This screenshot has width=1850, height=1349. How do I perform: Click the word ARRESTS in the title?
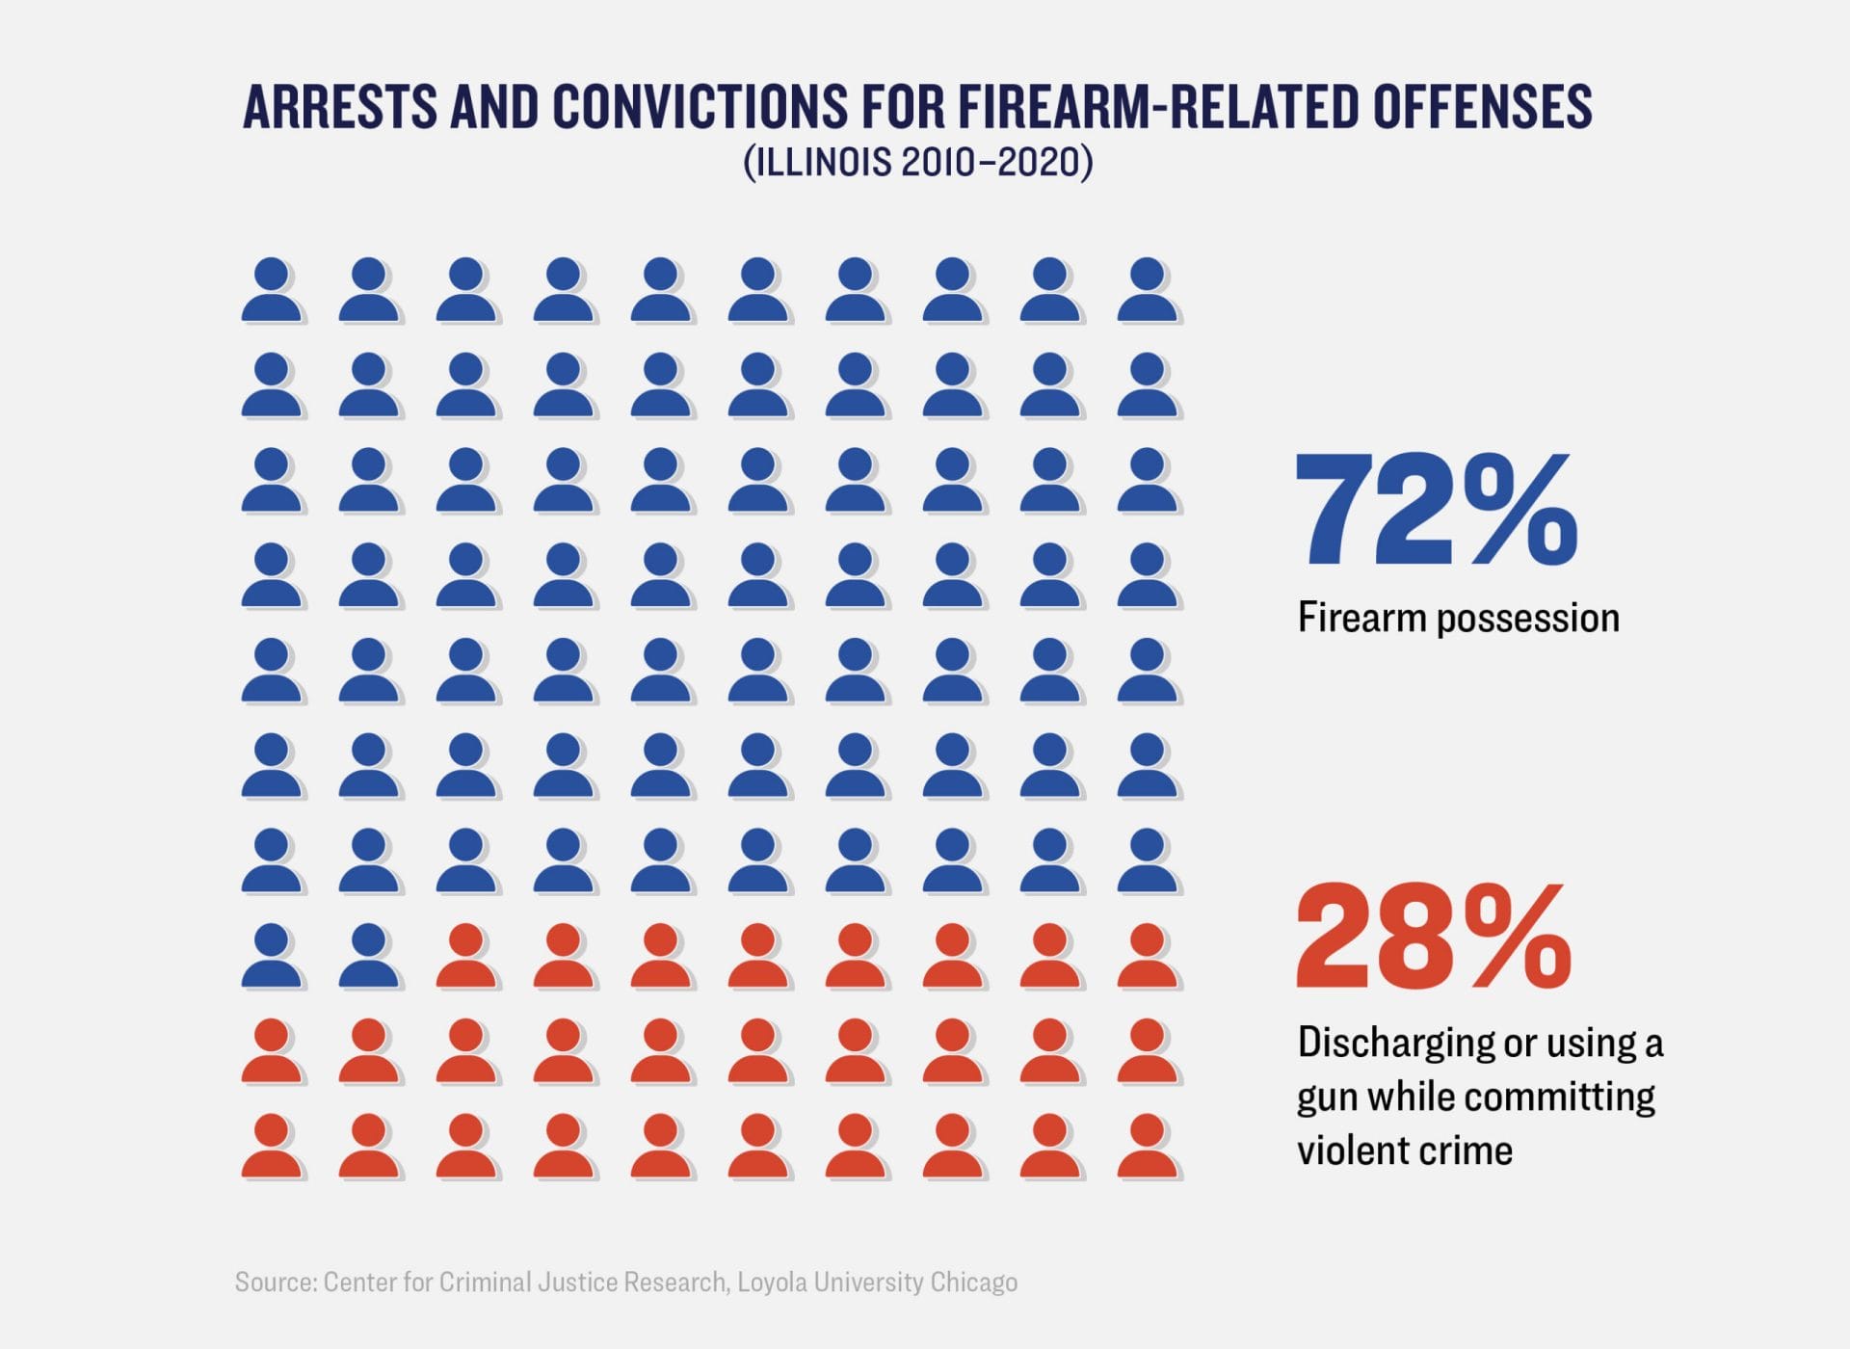(x=338, y=107)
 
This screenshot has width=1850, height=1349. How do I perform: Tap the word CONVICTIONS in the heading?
(x=700, y=107)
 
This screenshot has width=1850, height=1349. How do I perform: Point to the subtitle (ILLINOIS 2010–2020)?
(x=917, y=162)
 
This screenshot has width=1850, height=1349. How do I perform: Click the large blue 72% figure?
(x=1436, y=511)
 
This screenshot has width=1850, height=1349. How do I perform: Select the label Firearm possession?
(x=1458, y=618)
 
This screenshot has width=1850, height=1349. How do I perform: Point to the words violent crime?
(x=1405, y=1151)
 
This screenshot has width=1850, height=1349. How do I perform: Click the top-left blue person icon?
(x=273, y=290)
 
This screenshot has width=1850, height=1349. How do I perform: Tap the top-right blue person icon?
(x=1148, y=290)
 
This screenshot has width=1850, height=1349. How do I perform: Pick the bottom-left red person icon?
(x=273, y=1147)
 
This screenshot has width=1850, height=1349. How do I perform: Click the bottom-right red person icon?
(x=1148, y=1147)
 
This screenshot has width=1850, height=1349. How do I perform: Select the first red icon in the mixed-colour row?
(x=467, y=957)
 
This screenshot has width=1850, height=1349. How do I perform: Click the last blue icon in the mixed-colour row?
(x=370, y=957)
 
